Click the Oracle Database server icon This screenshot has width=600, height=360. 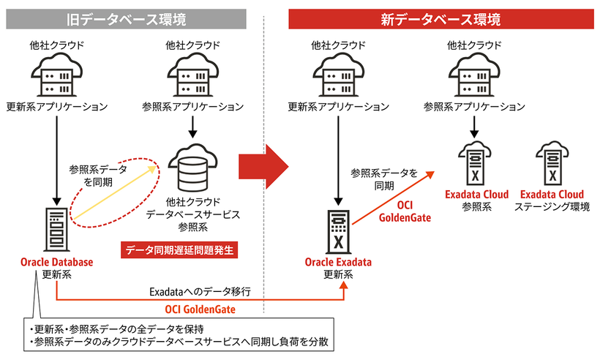pyautogui.click(x=56, y=228)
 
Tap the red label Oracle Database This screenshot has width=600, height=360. pyautogui.click(x=56, y=263)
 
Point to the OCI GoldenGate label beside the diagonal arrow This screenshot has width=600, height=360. pyautogui.click(x=404, y=211)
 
